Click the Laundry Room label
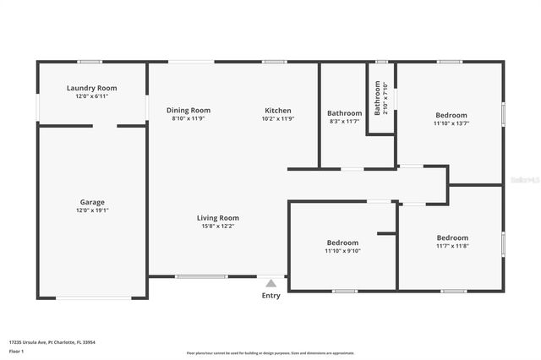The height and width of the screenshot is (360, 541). pyautogui.click(x=92, y=88)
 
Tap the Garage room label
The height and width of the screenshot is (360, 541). pyautogui.click(x=92, y=202)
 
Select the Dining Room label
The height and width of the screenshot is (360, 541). pyautogui.click(x=189, y=110)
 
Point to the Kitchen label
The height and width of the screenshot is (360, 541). pyautogui.click(x=278, y=110)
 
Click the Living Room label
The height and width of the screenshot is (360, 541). pyautogui.click(x=218, y=217)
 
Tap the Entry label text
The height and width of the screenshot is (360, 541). pyautogui.click(x=270, y=295)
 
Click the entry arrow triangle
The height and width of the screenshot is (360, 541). pyautogui.click(x=270, y=283)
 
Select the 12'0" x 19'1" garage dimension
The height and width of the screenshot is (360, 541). pyautogui.click(x=92, y=210)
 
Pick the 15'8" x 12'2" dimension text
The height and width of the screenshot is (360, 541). pyautogui.click(x=218, y=226)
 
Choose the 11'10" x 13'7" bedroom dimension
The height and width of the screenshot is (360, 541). pyautogui.click(x=451, y=123)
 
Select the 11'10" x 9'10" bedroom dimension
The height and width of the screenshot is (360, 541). pyautogui.click(x=342, y=251)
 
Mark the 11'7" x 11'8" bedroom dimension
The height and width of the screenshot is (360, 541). pyautogui.click(x=452, y=246)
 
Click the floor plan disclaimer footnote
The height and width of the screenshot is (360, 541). pyautogui.click(x=270, y=353)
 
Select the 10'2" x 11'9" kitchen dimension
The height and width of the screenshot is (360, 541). pyautogui.click(x=278, y=118)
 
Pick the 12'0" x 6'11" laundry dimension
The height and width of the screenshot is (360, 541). pyautogui.click(x=92, y=96)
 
